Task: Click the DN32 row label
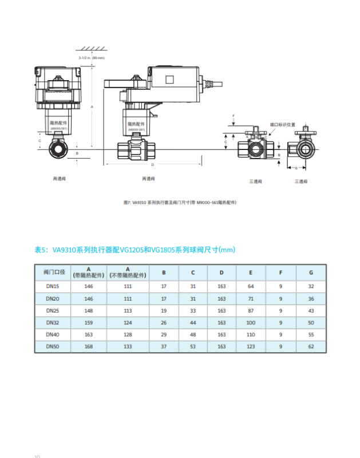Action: (52, 323)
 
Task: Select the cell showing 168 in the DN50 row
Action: (89, 347)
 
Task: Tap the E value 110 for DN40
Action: (251, 335)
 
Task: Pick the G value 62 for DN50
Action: (311, 347)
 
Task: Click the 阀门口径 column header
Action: (52, 271)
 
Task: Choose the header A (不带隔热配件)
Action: (128, 272)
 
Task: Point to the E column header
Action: (251, 272)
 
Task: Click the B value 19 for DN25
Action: (164, 311)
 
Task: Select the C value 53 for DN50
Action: (193, 347)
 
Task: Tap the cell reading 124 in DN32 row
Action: (128, 323)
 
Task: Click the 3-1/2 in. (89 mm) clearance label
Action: (92, 58)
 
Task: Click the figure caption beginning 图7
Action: (180, 203)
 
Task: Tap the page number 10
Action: (37, 456)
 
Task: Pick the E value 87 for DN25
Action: (251, 311)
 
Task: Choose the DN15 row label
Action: (52, 287)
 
